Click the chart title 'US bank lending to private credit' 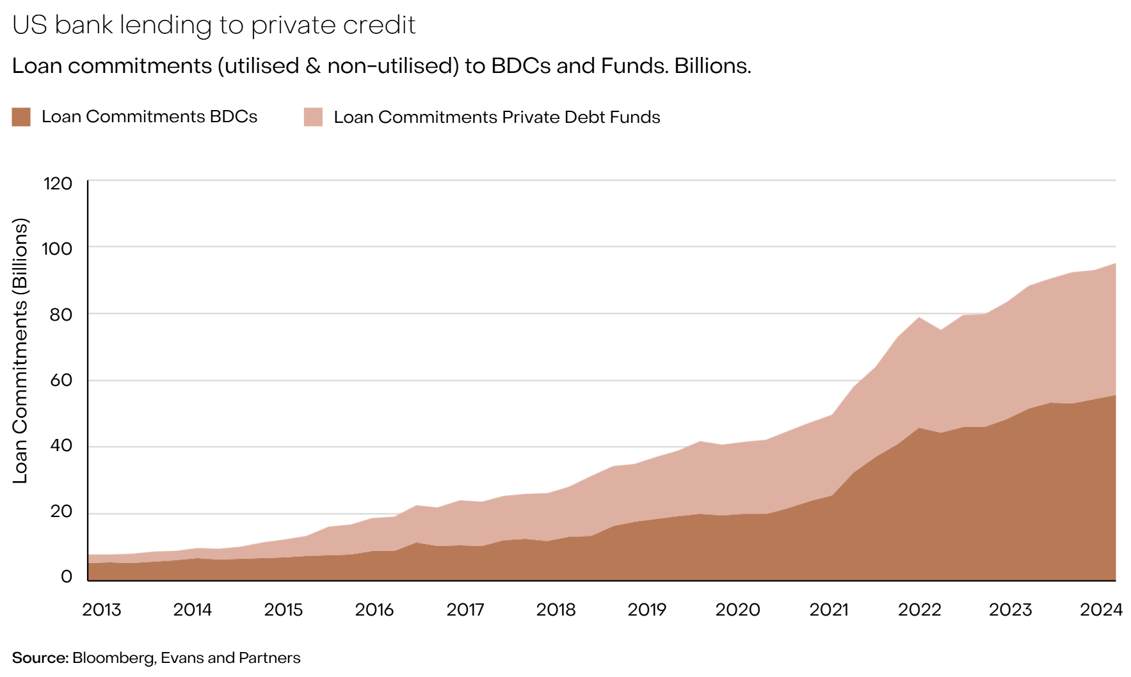(x=214, y=25)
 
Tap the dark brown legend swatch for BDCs (x=21, y=117)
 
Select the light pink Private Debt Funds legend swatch (x=313, y=117)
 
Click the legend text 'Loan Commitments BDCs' (x=150, y=116)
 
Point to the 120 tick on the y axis (x=58, y=184)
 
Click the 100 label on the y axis (x=58, y=248)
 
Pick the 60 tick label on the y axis (x=61, y=380)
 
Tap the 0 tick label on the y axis (x=67, y=577)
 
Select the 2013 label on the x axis (x=102, y=609)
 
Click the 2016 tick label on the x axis (x=374, y=609)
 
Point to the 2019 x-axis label (x=647, y=609)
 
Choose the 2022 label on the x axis (x=920, y=609)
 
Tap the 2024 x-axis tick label (x=1102, y=609)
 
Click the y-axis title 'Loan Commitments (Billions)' (x=20, y=351)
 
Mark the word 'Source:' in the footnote (x=40, y=658)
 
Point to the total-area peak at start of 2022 (x=920, y=317)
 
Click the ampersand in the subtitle (x=313, y=66)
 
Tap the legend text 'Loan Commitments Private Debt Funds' (x=497, y=117)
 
